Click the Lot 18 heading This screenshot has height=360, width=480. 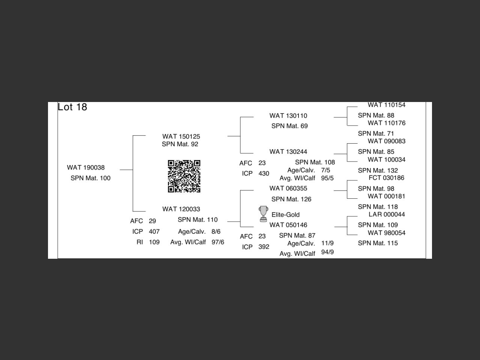point(72,107)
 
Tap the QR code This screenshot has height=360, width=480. point(184,176)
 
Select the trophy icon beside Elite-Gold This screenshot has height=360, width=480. point(264,214)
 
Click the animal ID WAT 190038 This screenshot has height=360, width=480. point(86,168)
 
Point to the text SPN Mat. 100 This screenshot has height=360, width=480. point(90,178)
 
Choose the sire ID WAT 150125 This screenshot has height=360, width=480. point(181,136)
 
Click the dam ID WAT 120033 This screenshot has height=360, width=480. point(181,209)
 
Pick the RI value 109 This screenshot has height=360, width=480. point(154,242)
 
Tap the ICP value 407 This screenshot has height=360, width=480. point(154,232)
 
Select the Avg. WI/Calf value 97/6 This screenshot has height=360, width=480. point(218,242)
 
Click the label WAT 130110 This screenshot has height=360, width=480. point(288,116)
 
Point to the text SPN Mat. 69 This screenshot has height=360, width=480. point(289,126)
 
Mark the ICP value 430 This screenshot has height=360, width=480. point(264,174)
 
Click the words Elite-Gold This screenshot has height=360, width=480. point(285,215)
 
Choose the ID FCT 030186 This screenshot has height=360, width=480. point(386,178)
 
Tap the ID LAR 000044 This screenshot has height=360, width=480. point(387,214)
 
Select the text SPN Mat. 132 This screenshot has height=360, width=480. point(378,171)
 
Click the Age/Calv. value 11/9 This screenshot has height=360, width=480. point(327,243)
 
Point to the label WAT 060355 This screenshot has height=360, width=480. point(288,189)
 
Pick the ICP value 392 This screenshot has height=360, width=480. point(264,247)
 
